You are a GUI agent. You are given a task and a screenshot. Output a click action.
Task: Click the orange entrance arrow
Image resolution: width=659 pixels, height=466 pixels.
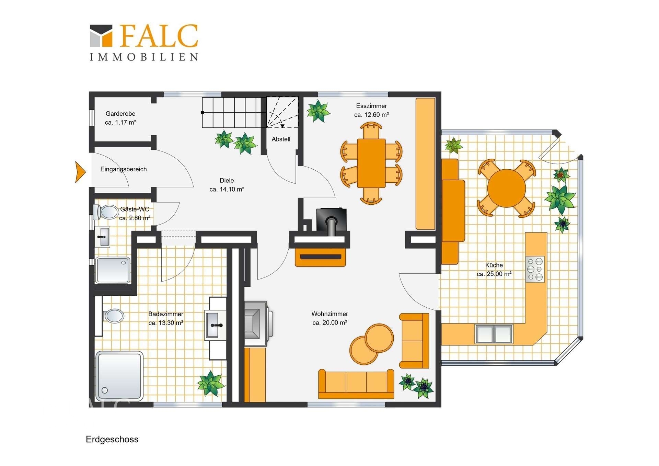[x=80, y=172]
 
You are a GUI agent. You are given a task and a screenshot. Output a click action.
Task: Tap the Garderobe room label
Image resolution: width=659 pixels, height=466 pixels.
[x=120, y=114]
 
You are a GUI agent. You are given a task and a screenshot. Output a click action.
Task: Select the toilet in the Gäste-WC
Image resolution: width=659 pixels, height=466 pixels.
[x=106, y=212]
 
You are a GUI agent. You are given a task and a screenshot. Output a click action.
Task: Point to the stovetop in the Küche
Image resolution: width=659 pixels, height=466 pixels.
[x=535, y=269]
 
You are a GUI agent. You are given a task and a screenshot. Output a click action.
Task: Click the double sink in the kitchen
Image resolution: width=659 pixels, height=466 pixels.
[x=494, y=334]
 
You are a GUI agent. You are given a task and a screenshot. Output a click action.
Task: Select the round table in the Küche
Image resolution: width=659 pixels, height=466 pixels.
[x=506, y=188]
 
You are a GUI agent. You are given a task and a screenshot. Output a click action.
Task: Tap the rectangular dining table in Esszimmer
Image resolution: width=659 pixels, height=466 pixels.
[x=371, y=163]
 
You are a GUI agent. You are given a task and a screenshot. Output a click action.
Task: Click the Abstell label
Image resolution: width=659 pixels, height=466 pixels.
[x=281, y=139]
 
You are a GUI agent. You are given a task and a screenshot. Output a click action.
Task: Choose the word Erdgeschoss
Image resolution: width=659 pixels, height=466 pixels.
[x=112, y=440]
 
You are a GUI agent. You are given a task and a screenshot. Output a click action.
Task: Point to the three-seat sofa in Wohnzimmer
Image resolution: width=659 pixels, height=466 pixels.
[x=356, y=384]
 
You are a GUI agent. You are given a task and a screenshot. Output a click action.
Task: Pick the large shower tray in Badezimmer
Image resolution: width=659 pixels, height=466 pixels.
[x=119, y=376]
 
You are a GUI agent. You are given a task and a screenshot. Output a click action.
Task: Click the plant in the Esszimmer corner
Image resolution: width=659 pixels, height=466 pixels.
[x=318, y=111]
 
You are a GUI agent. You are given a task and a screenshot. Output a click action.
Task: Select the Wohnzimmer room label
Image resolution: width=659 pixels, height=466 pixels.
[x=329, y=314]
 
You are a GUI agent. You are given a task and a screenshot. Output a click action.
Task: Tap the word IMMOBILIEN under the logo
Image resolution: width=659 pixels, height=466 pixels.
[x=144, y=57]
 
